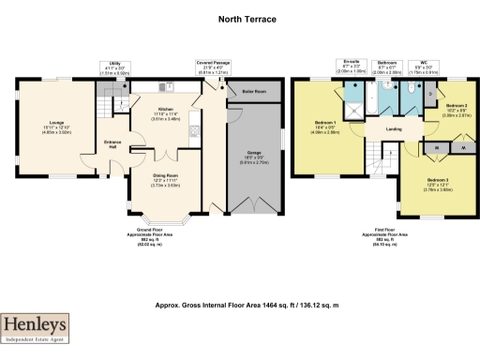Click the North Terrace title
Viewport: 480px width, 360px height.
point(239,18)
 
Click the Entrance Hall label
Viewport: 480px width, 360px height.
point(112,144)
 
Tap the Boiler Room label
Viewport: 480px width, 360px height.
point(253,92)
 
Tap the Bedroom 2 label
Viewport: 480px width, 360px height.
point(456,109)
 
